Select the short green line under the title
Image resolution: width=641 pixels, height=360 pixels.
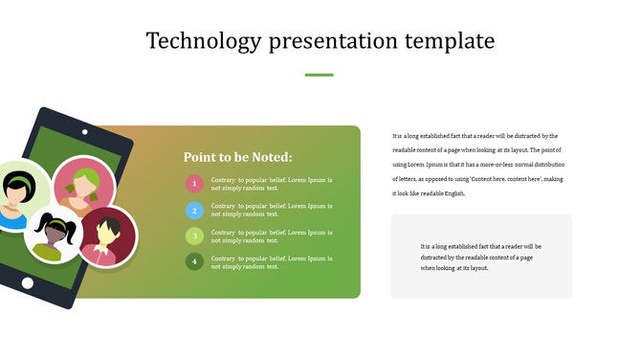click(x=319, y=75)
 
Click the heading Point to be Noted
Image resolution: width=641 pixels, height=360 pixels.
click(x=237, y=157)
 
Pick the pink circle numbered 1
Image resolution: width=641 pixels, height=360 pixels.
click(x=194, y=184)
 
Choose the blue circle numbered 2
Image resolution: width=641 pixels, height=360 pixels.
click(x=194, y=210)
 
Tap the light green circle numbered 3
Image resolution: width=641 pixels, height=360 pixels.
click(x=194, y=236)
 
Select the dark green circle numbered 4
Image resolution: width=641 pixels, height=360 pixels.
click(x=194, y=261)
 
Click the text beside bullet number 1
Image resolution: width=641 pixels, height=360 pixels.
click(x=272, y=184)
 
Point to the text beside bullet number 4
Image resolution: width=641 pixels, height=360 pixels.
click(x=272, y=262)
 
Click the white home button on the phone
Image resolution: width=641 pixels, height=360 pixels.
click(x=28, y=283)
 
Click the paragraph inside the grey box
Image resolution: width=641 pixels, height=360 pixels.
click(x=481, y=258)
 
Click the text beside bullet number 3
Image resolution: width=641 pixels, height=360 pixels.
click(x=272, y=236)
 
